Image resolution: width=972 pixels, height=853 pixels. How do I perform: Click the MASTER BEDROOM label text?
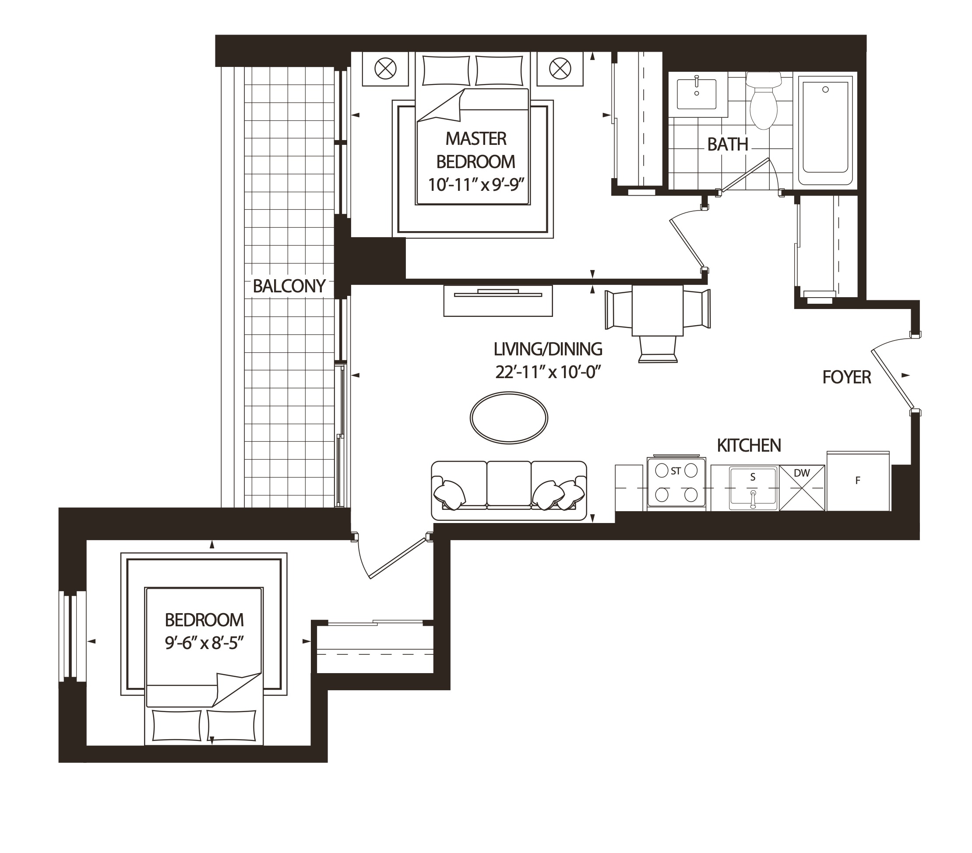[475, 150]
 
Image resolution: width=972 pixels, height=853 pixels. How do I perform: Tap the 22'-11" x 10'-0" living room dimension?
[548, 373]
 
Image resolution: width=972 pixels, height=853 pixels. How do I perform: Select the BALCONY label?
[289, 286]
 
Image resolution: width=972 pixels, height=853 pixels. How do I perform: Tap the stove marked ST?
[676, 483]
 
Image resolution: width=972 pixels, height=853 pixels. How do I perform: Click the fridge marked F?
[858, 481]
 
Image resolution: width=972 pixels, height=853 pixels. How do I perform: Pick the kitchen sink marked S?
[753, 488]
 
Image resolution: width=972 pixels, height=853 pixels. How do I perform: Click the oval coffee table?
[509, 418]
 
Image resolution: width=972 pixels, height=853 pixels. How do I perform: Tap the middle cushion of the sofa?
[509, 484]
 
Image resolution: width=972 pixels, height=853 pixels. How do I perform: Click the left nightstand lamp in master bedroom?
[385, 69]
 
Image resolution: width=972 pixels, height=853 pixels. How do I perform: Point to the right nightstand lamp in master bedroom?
[560, 69]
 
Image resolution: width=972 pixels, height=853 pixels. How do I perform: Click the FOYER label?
[846, 378]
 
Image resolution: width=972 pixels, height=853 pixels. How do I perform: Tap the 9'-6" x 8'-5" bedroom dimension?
[204, 644]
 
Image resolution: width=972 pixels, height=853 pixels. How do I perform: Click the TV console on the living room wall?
[498, 301]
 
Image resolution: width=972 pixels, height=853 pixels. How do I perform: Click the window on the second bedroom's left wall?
[72, 636]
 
